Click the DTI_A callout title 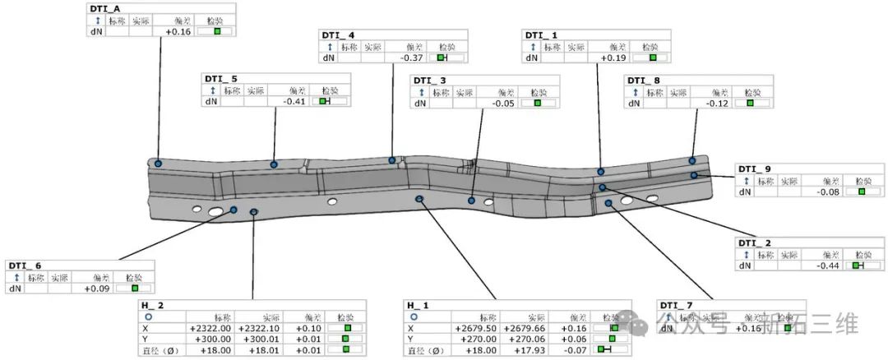coord(104,8)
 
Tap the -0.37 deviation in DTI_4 coord(411,58)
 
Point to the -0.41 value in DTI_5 coord(293,101)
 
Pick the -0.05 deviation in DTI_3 coord(503,104)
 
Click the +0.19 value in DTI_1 coord(614,58)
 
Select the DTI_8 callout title coord(643,81)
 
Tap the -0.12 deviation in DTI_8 coord(716,104)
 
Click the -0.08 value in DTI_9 coord(826,192)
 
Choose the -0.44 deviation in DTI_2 coord(826,266)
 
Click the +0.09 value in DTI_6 coord(97,288)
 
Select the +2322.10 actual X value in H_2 coord(259,327)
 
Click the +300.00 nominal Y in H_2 coord(210,339)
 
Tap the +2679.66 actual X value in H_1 coord(525,327)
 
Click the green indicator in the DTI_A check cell coord(217,31)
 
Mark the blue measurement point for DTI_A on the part coord(158,164)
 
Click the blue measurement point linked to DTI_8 coord(692,161)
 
